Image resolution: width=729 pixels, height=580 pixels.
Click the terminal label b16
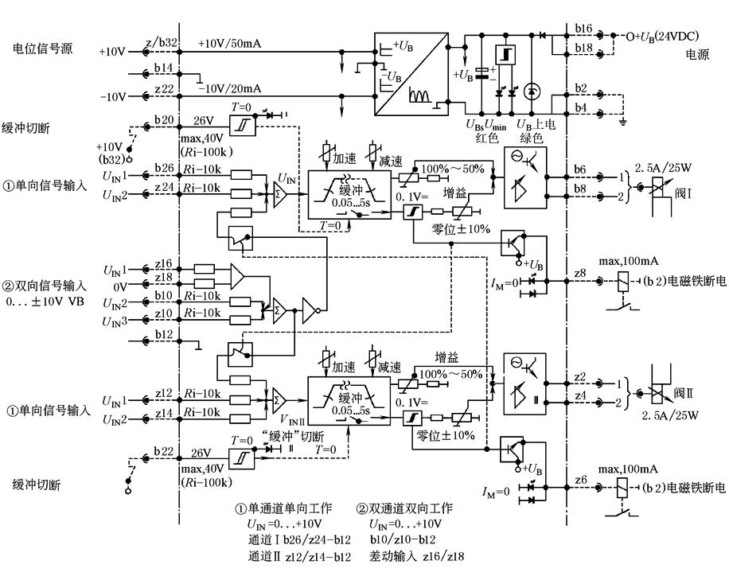(584, 28)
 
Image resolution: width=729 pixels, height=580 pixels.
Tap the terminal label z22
(164, 89)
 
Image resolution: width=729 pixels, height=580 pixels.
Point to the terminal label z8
(581, 273)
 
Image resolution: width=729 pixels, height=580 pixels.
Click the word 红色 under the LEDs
(488, 138)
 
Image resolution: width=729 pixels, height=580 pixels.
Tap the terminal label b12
(164, 334)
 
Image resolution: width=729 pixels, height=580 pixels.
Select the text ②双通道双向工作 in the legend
(405, 509)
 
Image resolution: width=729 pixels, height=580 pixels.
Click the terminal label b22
(164, 451)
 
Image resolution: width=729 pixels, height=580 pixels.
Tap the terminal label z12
(164, 393)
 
